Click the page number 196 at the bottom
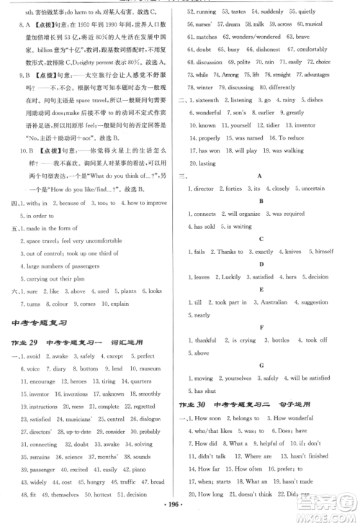tap(179, 515)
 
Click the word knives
tap(290, 251)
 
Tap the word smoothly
tap(150, 394)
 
